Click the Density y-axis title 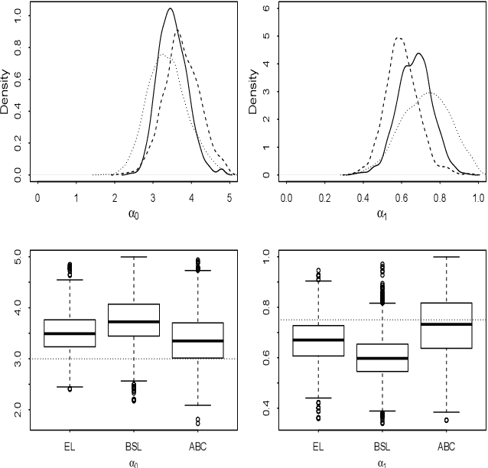coord(7,93)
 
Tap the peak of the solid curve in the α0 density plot coord(170,9)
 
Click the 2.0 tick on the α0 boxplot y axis coord(22,410)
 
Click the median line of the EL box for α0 coord(70,333)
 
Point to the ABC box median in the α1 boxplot coord(446,324)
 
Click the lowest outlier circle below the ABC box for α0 coord(197,423)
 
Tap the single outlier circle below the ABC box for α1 coord(446,420)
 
